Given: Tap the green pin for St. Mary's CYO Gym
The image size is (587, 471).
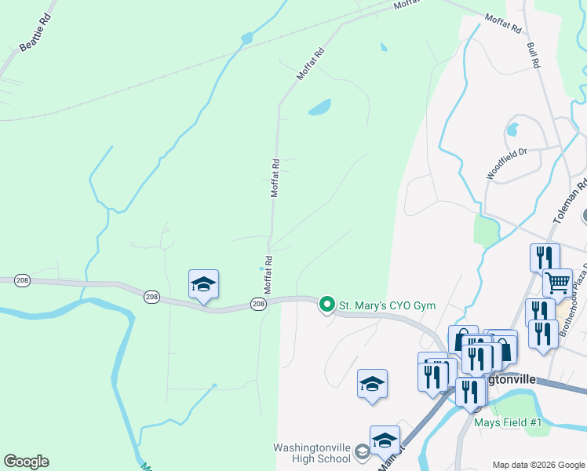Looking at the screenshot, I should (x=326, y=304).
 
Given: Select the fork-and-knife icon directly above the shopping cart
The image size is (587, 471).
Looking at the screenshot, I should (x=544, y=257).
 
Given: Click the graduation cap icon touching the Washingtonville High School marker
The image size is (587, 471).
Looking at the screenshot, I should (x=385, y=440).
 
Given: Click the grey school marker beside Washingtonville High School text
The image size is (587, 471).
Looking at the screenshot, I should (x=362, y=451).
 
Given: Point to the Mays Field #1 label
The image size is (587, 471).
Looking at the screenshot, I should (x=508, y=422).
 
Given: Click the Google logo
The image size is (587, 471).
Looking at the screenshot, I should (x=26, y=462).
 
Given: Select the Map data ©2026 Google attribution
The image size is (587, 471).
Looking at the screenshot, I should (x=538, y=465).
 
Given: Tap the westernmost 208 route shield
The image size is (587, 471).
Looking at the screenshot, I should (x=151, y=297).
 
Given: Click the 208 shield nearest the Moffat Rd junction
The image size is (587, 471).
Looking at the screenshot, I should (x=258, y=303).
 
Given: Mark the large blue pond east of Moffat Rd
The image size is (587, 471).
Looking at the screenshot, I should (x=319, y=108).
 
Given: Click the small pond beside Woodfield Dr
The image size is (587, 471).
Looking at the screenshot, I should (x=513, y=129).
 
